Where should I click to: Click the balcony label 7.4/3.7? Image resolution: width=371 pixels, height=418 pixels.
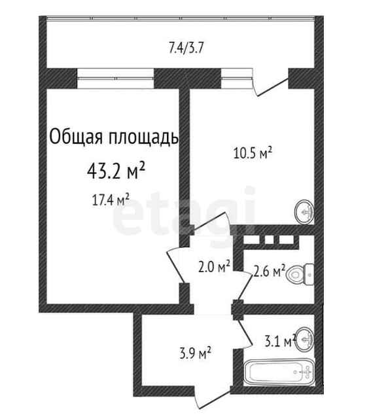[x=186, y=49]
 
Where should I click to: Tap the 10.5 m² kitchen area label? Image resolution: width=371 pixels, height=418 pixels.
[x=253, y=153]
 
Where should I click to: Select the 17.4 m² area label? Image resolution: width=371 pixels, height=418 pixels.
[x=111, y=200]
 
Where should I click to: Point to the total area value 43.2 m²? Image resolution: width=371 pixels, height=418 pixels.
[x=116, y=171]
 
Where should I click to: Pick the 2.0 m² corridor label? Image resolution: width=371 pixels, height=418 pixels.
[x=214, y=267]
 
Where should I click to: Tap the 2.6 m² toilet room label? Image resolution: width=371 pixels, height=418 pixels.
[x=270, y=271]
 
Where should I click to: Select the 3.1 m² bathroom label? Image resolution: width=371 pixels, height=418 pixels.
[x=280, y=341]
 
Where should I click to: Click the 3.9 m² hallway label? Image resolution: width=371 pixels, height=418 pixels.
[x=195, y=353]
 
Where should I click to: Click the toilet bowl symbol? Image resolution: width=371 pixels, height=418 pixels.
[x=300, y=274]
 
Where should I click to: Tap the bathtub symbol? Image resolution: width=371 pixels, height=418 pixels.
[x=279, y=372]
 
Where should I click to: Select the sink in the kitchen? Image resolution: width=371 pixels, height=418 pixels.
[x=304, y=212]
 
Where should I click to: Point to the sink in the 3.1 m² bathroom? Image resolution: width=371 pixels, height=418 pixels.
[x=304, y=339]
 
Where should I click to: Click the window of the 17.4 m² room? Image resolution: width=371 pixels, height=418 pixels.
[x=115, y=78]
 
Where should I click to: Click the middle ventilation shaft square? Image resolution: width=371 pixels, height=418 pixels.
[x=269, y=239]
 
